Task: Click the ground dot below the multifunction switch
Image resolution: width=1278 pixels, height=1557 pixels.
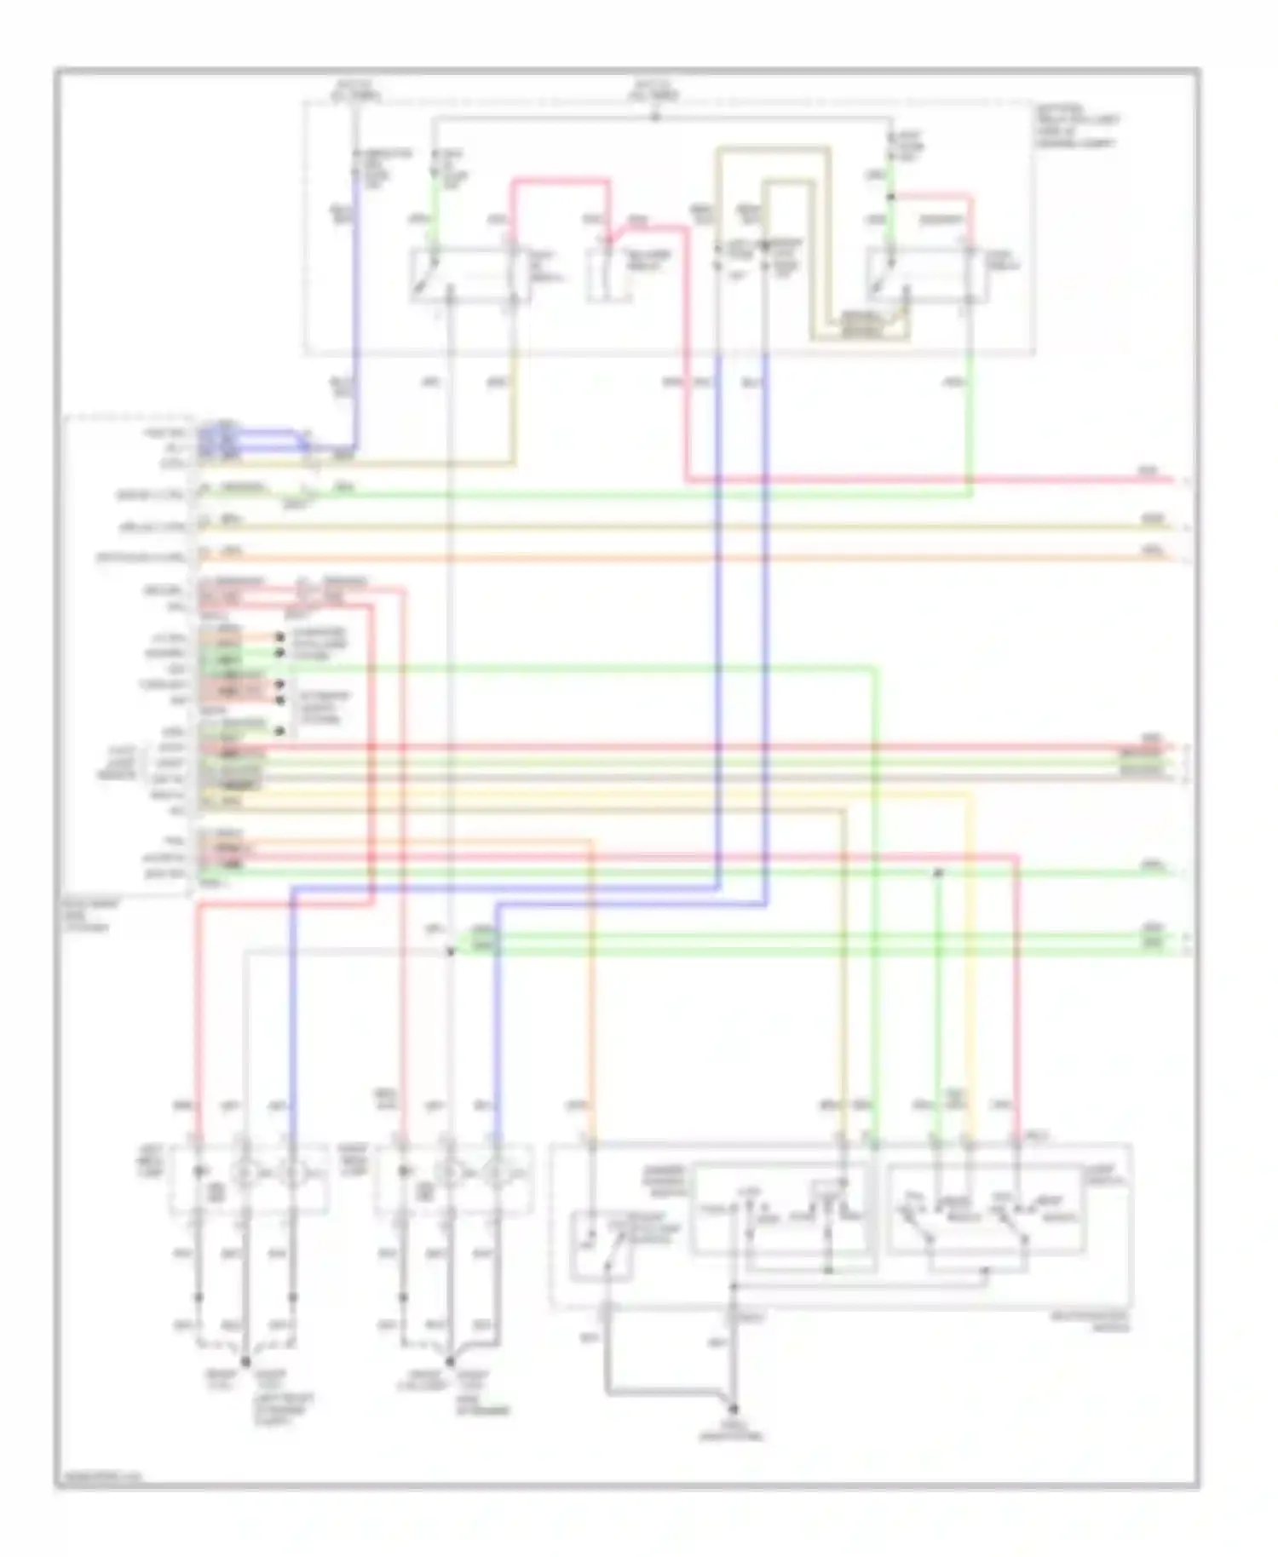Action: [732, 1410]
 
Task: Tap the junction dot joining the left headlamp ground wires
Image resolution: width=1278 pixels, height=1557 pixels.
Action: [245, 1360]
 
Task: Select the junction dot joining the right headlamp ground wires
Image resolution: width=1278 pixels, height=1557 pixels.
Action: [449, 1360]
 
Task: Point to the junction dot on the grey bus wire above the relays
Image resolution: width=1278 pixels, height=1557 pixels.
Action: [654, 116]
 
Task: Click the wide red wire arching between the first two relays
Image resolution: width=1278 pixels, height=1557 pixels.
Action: [561, 181]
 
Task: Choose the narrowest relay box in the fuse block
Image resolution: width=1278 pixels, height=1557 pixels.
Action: [609, 274]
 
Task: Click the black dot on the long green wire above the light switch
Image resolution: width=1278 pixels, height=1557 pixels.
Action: [937, 873]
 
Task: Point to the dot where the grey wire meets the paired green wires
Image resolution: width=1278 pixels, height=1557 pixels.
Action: [451, 951]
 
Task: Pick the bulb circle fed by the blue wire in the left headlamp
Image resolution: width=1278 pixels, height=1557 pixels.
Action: [292, 1175]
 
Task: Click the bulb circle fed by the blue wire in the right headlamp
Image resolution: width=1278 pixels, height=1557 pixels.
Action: [496, 1175]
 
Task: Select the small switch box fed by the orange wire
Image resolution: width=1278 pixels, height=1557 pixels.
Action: [602, 1245]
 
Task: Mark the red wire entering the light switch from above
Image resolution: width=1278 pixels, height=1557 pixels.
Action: [1016, 1022]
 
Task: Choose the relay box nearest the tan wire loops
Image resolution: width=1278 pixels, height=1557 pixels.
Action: [927, 274]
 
